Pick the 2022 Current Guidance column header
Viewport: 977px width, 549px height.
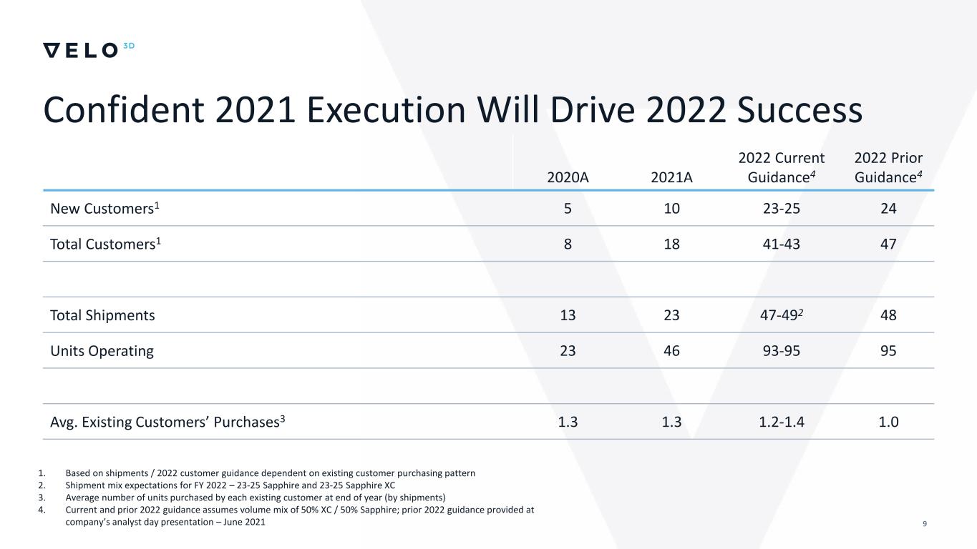coord(781,167)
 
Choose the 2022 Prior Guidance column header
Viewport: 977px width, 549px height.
coord(888,167)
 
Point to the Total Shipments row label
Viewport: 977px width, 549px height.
coord(102,315)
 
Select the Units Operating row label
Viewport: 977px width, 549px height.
coord(102,351)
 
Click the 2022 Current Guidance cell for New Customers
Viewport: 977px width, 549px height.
coord(781,209)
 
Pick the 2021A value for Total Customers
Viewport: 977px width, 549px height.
coord(672,244)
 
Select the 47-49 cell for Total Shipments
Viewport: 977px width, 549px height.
coord(781,315)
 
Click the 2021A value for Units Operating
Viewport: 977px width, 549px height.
coord(672,351)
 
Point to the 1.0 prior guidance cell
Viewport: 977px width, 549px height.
coord(888,422)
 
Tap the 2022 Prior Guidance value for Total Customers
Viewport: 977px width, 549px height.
coord(888,244)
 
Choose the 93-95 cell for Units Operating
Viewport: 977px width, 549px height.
coord(781,351)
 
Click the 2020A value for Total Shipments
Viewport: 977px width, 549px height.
coord(568,315)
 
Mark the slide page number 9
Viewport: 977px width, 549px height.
coord(925,525)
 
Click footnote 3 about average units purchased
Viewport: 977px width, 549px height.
coord(255,498)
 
